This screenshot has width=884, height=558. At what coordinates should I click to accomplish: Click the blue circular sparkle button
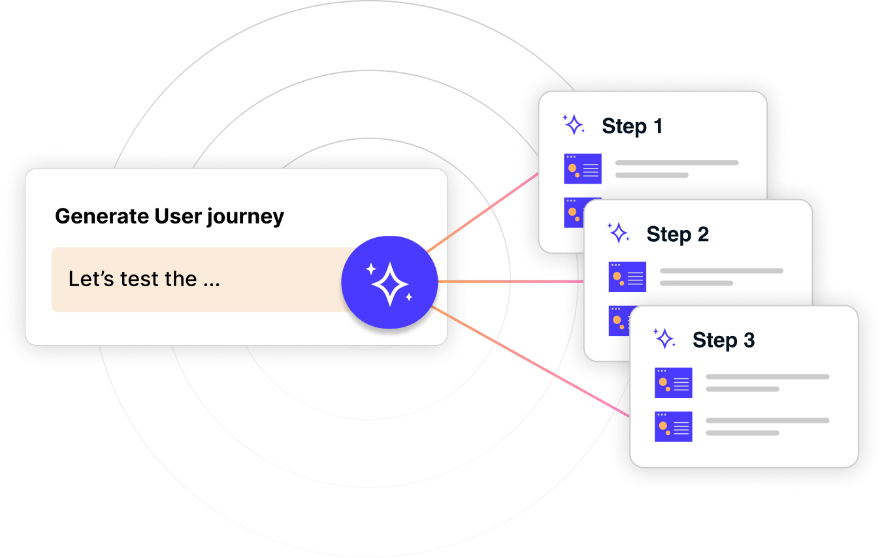pyautogui.click(x=389, y=282)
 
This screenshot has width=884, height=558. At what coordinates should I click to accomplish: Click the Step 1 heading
pyautogui.click(x=632, y=126)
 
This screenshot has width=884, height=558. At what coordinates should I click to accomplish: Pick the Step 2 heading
pyautogui.click(x=678, y=234)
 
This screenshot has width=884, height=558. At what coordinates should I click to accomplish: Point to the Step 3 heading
pyautogui.click(x=723, y=340)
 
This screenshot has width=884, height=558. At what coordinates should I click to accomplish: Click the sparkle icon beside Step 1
pyautogui.click(x=574, y=125)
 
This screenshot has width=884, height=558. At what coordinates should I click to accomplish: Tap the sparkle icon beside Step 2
pyautogui.click(x=618, y=233)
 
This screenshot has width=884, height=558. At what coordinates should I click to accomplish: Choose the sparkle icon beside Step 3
pyautogui.click(x=664, y=338)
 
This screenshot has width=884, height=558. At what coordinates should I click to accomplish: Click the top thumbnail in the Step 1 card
pyautogui.click(x=582, y=169)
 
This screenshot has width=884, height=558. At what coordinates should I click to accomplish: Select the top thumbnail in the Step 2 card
pyautogui.click(x=627, y=276)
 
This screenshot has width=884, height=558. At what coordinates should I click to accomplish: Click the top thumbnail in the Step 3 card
pyautogui.click(x=673, y=383)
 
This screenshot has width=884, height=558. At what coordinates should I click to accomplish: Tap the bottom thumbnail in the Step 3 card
pyautogui.click(x=673, y=426)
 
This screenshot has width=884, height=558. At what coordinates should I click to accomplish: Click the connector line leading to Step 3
pyautogui.click(x=529, y=363)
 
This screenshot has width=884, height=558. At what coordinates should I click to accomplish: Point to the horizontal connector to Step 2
pyautogui.click(x=510, y=282)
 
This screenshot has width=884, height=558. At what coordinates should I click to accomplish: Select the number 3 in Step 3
pyautogui.click(x=748, y=340)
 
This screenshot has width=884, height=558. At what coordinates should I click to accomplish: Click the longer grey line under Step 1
pyautogui.click(x=677, y=163)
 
